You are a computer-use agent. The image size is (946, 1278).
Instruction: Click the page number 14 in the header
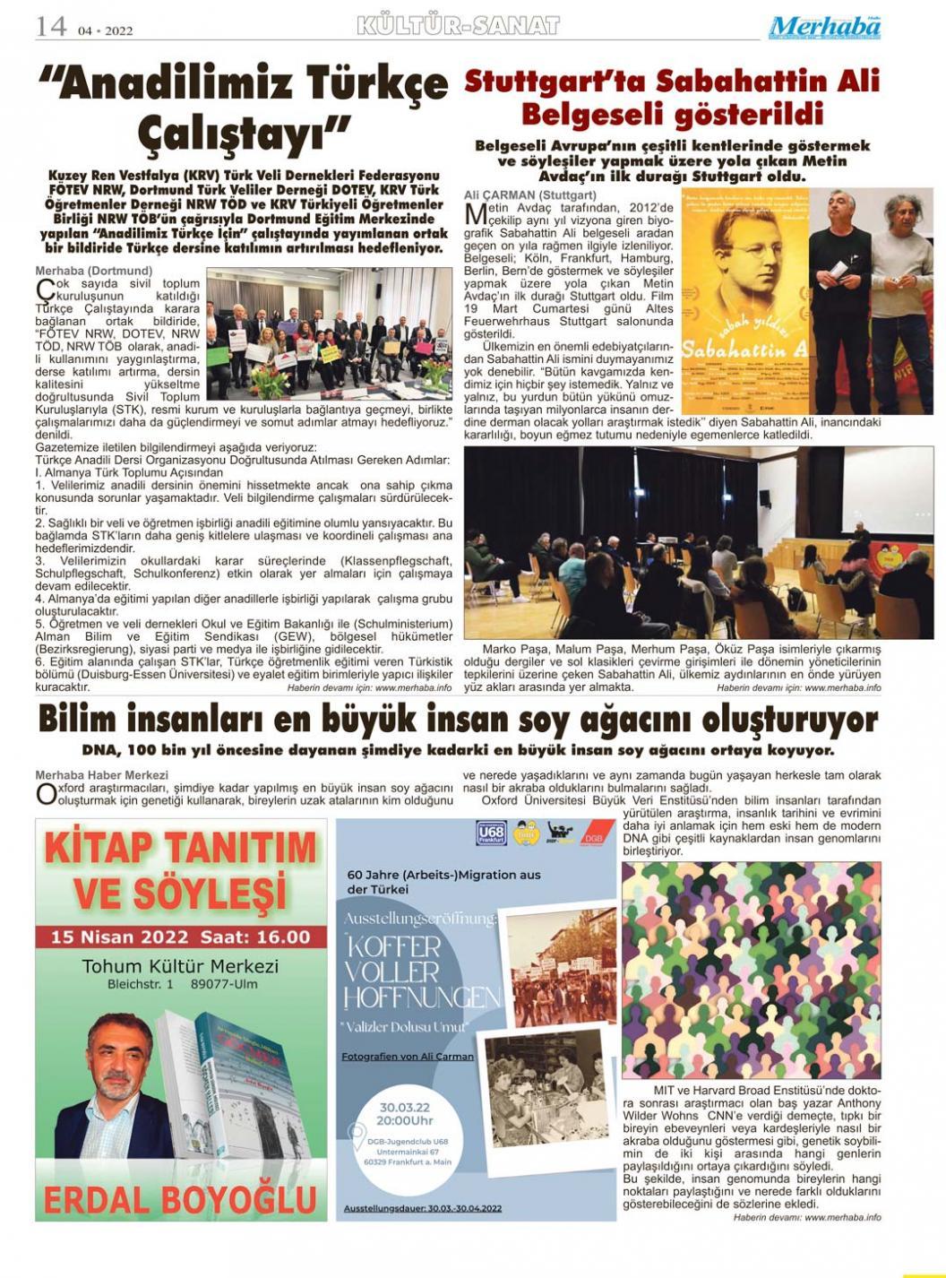click(x=51, y=26)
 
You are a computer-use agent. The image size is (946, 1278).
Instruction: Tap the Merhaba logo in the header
click(x=824, y=27)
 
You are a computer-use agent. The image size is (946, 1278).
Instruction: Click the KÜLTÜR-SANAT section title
click(x=458, y=26)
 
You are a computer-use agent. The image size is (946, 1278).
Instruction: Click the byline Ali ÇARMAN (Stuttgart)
click(x=529, y=194)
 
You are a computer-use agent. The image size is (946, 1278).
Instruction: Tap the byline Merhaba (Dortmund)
click(x=93, y=270)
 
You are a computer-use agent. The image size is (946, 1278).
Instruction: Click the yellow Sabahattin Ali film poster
click(x=744, y=300)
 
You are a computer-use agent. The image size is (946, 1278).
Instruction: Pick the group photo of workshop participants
click(x=329, y=332)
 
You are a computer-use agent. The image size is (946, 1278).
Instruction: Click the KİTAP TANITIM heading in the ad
click(x=181, y=847)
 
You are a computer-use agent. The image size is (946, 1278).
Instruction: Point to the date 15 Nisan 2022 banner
click(x=181, y=937)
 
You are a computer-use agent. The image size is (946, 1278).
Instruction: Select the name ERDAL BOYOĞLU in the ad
click(x=181, y=1199)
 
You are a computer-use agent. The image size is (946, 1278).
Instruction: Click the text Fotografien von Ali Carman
click(x=408, y=1057)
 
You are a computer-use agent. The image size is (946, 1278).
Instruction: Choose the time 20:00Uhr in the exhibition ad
click(x=405, y=1120)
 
